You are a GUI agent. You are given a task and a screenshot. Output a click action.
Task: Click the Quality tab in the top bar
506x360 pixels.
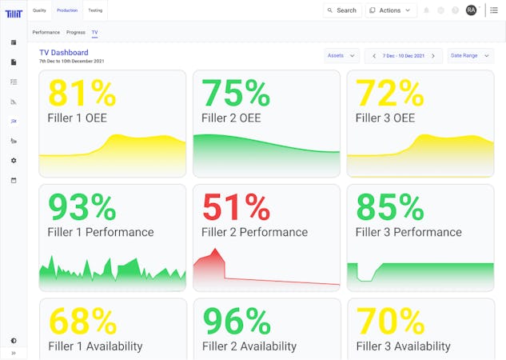pos(39,10)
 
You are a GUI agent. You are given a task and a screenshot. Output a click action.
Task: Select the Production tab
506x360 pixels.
pos(67,10)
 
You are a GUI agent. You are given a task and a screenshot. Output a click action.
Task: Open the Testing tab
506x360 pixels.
pos(94,10)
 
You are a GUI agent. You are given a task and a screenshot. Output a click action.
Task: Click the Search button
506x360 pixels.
pos(341,10)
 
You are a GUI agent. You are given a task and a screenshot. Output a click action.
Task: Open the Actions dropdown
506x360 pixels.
pos(391,10)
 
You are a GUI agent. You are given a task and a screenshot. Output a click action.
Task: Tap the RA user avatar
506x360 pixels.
pos(471,10)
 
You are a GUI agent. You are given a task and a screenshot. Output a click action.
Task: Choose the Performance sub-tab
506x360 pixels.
pos(46,33)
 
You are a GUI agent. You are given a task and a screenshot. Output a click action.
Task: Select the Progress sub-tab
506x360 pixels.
pos(76,33)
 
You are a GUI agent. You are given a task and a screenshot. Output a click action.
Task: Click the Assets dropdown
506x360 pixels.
pos(341,56)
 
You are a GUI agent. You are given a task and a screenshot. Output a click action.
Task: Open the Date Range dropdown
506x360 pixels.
pos(470,56)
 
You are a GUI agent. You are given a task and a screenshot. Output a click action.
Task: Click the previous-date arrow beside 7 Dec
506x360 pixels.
pos(374,56)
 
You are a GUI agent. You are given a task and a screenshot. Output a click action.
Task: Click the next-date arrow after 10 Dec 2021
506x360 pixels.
pos(432,56)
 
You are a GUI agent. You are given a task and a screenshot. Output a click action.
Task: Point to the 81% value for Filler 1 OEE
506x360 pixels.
pos(82,93)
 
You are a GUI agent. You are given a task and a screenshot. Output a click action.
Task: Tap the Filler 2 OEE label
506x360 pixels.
pos(233,118)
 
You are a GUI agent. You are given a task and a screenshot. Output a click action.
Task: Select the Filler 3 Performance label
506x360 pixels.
pos(408,232)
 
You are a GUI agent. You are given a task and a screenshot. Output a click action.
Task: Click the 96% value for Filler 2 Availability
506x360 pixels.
pos(237,322)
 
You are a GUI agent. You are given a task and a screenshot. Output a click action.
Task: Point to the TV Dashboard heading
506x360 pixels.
pos(64,53)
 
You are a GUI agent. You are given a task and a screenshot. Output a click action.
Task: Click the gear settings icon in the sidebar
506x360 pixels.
pos(14,160)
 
